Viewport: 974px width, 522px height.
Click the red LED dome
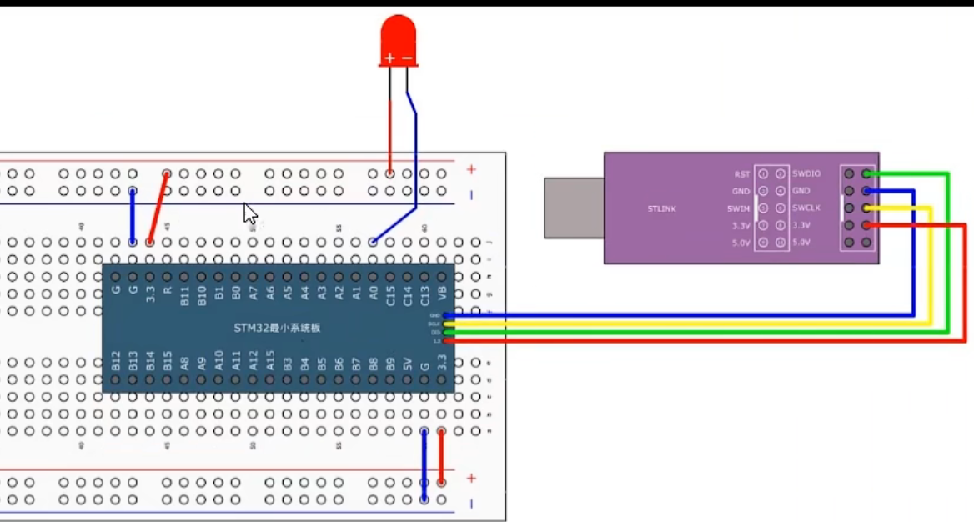(x=398, y=35)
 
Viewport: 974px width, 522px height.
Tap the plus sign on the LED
(x=389, y=58)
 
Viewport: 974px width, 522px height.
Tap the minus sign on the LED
(x=407, y=58)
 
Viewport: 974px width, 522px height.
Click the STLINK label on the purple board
(x=661, y=208)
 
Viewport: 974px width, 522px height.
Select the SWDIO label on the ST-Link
(x=806, y=173)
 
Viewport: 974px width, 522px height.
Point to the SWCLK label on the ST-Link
(x=806, y=208)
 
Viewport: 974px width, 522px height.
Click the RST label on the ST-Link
(x=741, y=173)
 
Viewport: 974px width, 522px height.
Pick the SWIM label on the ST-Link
(x=738, y=208)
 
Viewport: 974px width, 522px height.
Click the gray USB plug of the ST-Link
(x=574, y=208)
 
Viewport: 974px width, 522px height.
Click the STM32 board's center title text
(x=278, y=328)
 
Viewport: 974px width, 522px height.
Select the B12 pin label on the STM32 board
(x=116, y=361)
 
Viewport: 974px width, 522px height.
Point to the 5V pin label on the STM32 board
(x=408, y=363)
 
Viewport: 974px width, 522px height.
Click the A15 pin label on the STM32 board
(x=270, y=361)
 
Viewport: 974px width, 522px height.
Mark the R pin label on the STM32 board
(x=168, y=291)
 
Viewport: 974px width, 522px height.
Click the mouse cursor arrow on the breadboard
(x=250, y=213)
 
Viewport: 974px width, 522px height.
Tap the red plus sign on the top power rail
(x=471, y=169)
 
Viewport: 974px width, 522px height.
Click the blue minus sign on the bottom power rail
(x=471, y=503)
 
